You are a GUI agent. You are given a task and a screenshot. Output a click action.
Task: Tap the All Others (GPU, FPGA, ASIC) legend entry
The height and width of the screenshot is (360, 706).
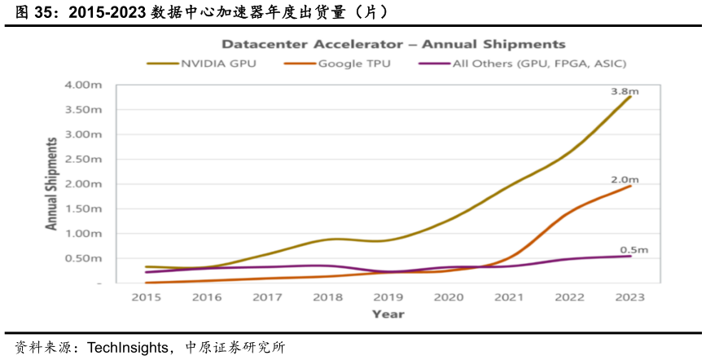[x=522, y=64]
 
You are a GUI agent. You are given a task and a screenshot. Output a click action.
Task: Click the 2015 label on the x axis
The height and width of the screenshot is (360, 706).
[x=146, y=298]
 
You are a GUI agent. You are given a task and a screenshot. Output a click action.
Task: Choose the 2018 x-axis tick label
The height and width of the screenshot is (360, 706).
[x=327, y=298]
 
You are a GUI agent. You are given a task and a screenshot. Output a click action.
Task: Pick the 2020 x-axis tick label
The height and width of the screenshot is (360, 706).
[x=449, y=298]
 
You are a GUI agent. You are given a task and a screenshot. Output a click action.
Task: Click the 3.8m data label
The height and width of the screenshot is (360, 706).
[x=625, y=91]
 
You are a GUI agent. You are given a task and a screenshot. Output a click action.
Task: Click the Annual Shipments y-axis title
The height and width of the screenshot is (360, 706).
[x=52, y=183]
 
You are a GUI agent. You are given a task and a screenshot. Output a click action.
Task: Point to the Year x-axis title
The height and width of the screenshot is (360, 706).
[x=388, y=314]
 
